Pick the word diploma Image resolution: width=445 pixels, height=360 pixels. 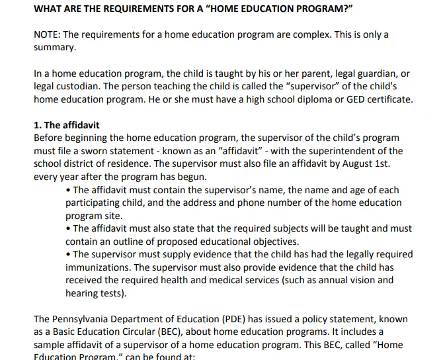295,99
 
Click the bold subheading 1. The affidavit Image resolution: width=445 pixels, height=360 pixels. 67,125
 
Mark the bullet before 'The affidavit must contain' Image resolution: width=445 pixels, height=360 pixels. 69,189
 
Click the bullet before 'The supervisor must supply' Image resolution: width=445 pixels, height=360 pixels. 69,254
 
